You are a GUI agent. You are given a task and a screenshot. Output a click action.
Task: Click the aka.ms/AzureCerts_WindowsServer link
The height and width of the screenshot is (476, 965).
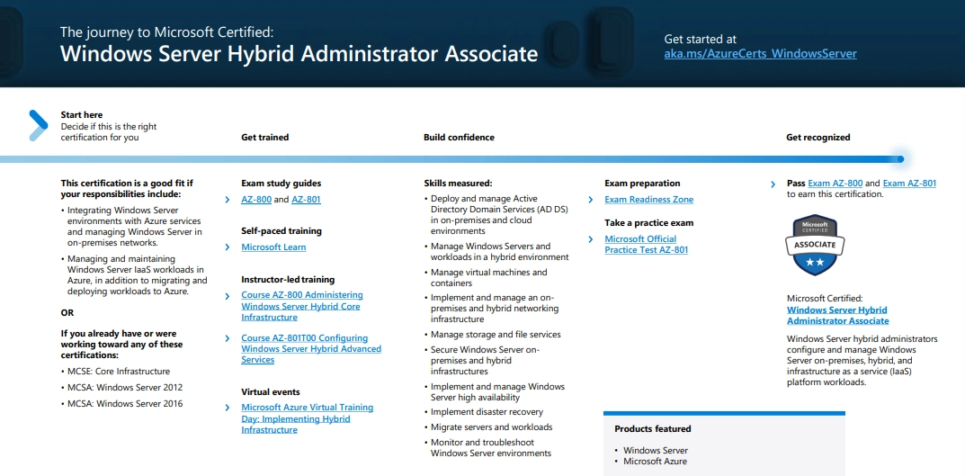pyautogui.click(x=760, y=54)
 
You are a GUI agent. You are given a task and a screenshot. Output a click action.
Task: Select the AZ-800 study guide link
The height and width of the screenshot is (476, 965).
pyautogui.click(x=255, y=200)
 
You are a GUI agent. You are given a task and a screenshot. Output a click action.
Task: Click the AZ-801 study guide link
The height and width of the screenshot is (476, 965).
pyautogui.click(x=306, y=200)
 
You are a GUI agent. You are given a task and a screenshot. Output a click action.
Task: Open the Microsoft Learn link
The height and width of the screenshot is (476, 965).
pyautogui.click(x=273, y=247)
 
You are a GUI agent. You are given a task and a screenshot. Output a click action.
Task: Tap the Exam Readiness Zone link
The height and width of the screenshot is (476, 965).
pyautogui.click(x=648, y=200)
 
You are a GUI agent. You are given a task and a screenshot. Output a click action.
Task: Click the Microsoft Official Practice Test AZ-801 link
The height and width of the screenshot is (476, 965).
pyautogui.click(x=646, y=245)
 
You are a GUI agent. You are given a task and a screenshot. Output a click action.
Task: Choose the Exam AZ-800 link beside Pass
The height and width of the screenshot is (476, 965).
pyautogui.click(x=835, y=184)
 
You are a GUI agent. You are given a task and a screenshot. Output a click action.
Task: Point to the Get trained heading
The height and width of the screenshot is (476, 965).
pyautogui.click(x=264, y=138)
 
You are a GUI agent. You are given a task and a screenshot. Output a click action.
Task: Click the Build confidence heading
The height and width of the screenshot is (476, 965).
pyautogui.click(x=459, y=138)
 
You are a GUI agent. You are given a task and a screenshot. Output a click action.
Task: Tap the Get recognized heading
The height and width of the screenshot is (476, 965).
pyautogui.click(x=818, y=138)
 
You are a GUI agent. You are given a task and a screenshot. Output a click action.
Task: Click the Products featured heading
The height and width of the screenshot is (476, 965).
pyautogui.click(x=652, y=429)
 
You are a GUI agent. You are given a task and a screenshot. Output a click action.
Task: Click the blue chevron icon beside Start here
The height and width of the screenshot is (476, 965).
pyautogui.click(x=37, y=125)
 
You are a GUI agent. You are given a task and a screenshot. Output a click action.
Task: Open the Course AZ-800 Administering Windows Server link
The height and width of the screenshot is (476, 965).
pyautogui.click(x=302, y=306)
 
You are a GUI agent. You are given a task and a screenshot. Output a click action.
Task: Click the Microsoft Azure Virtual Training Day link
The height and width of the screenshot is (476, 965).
pyautogui.click(x=307, y=418)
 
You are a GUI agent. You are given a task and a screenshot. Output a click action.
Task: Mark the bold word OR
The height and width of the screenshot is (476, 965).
pyautogui.click(x=67, y=313)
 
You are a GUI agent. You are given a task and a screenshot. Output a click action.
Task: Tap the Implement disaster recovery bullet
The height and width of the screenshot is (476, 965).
pyautogui.click(x=487, y=412)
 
